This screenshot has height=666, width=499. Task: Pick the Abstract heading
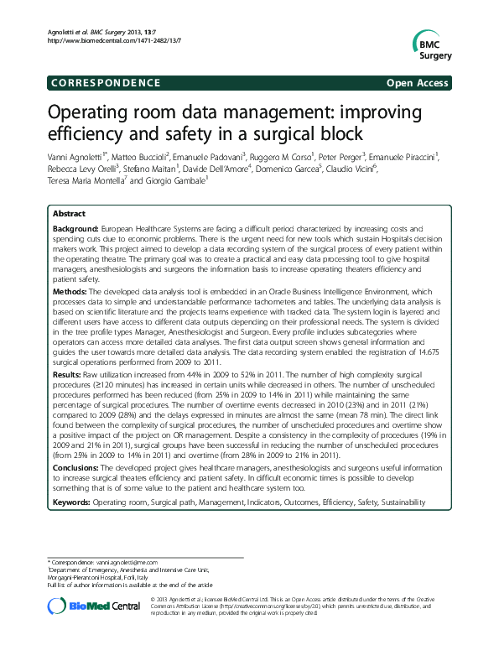click(69, 215)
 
